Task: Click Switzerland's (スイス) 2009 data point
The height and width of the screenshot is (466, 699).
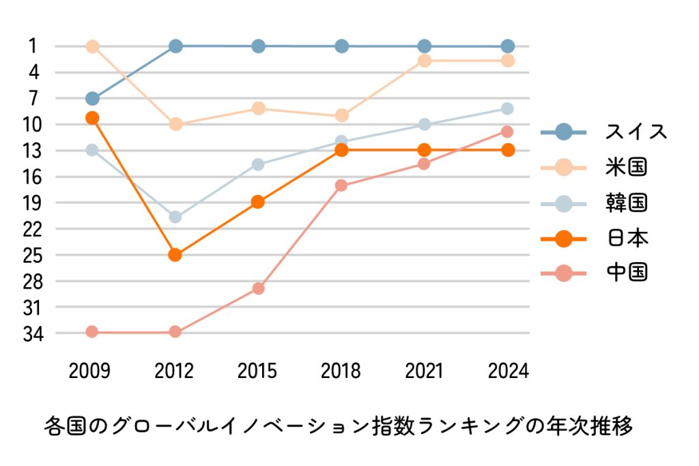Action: (92, 98)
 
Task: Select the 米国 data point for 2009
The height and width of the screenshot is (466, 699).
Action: (92, 46)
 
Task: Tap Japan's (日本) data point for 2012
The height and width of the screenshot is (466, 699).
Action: (175, 254)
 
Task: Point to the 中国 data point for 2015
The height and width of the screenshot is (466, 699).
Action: (258, 288)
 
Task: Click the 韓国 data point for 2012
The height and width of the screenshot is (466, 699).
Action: (175, 217)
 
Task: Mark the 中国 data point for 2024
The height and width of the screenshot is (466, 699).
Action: (507, 131)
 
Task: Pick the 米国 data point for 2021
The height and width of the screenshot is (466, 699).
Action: (425, 61)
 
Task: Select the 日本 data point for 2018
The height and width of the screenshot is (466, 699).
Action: (341, 150)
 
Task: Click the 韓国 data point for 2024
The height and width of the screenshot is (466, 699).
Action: (507, 108)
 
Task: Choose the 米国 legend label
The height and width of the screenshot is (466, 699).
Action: (626, 167)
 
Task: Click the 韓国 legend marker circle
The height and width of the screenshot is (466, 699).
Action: (563, 203)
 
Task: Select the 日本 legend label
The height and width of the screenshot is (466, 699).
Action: (626, 238)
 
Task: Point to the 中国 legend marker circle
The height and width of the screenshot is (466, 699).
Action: (563, 274)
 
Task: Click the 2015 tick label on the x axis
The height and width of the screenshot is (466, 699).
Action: (258, 371)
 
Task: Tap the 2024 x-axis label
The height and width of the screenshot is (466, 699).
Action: (509, 371)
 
